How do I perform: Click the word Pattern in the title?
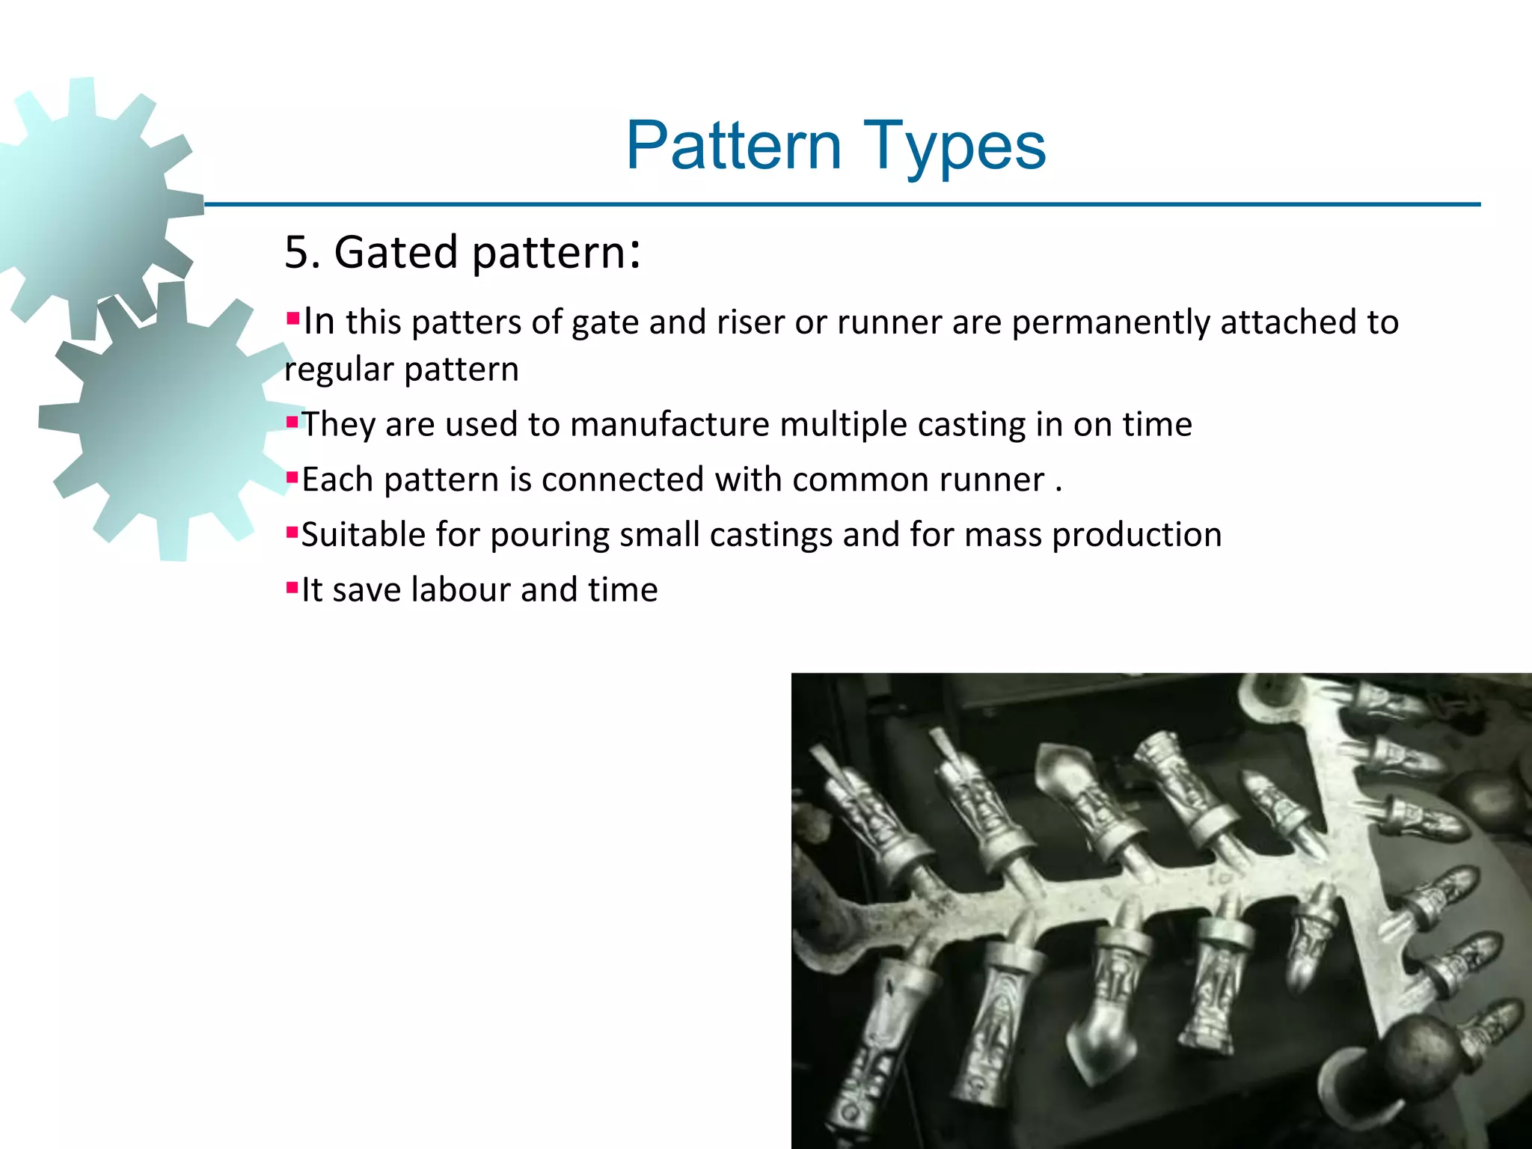pyautogui.click(x=734, y=146)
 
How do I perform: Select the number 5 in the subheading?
pyautogui.click(x=297, y=252)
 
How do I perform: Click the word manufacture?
pyautogui.click(x=670, y=425)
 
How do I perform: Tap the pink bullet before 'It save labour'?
pyautogui.click(x=292, y=586)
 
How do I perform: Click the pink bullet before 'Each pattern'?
pyautogui.click(x=292, y=477)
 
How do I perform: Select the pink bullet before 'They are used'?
pyautogui.click(x=292, y=422)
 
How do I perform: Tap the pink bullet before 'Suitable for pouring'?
pyautogui.click(x=292, y=532)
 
